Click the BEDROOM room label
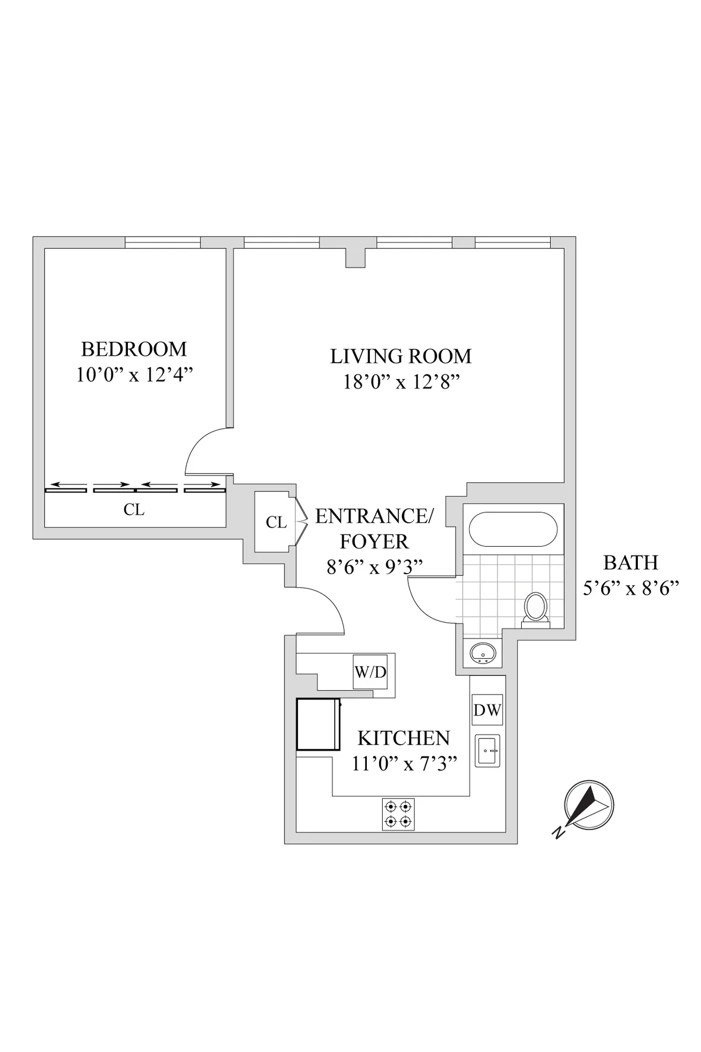coord(134,349)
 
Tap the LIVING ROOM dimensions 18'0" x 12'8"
coord(401,382)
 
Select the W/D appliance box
coord(370,672)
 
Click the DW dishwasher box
coord(487,710)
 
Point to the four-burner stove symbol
coord(398,814)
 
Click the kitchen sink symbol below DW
coord(488,751)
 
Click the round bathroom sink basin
coord(484,652)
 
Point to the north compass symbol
coord(588,805)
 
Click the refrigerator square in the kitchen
coord(318,724)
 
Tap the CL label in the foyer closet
coord(276,522)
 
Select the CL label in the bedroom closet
coord(134,509)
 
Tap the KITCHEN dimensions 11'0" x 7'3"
coord(404,763)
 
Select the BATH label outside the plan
coord(630,563)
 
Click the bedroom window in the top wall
coord(163,242)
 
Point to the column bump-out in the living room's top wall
coord(355,258)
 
